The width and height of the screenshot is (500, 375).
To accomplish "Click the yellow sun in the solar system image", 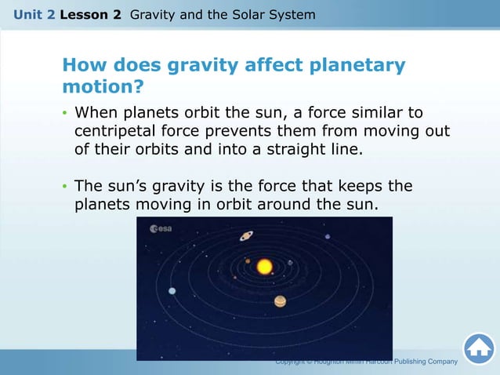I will [x=265, y=267].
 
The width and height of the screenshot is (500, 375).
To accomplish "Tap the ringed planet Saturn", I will [x=246, y=235].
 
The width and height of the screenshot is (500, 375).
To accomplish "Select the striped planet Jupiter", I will [x=280, y=301].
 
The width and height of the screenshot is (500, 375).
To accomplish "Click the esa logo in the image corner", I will [x=161, y=228].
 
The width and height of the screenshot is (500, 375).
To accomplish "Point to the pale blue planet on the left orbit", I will [x=172, y=292].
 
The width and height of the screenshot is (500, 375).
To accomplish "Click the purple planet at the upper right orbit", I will [x=328, y=236].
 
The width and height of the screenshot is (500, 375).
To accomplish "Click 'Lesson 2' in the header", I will [x=90, y=14].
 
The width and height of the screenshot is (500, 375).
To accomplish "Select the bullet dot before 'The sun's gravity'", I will [x=66, y=187].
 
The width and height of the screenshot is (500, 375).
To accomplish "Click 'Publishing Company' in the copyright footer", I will [x=424, y=362].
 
